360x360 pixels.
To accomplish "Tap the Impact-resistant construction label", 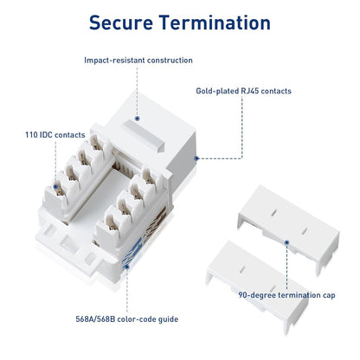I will coord(138,61).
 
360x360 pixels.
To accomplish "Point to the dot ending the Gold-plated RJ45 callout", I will coord(198,158).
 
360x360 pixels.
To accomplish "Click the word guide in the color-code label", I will coord(166,319).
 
